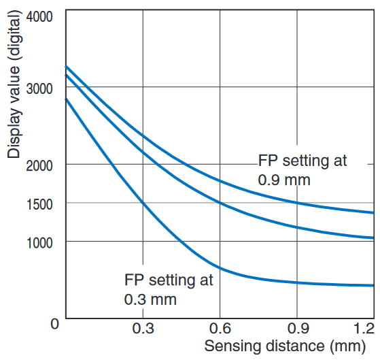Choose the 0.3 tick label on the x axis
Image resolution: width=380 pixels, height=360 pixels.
point(142,329)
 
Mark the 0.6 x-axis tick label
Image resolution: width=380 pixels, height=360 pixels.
point(219,329)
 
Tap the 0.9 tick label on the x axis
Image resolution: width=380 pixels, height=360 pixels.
point(296,329)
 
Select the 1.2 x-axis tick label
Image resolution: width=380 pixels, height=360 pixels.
point(364,329)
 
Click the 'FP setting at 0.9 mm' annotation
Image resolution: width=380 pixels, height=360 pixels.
point(302,170)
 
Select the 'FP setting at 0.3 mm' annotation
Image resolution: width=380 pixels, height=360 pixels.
point(168,289)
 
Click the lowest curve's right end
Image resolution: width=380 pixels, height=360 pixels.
point(373,285)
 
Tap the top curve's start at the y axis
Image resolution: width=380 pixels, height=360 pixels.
point(66,67)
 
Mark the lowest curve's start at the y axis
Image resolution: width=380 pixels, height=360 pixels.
point(66,99)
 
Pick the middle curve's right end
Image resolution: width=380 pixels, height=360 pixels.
point(373,238)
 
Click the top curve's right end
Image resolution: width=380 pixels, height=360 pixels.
point(373,213)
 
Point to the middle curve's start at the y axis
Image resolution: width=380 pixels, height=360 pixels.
point(66,75)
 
